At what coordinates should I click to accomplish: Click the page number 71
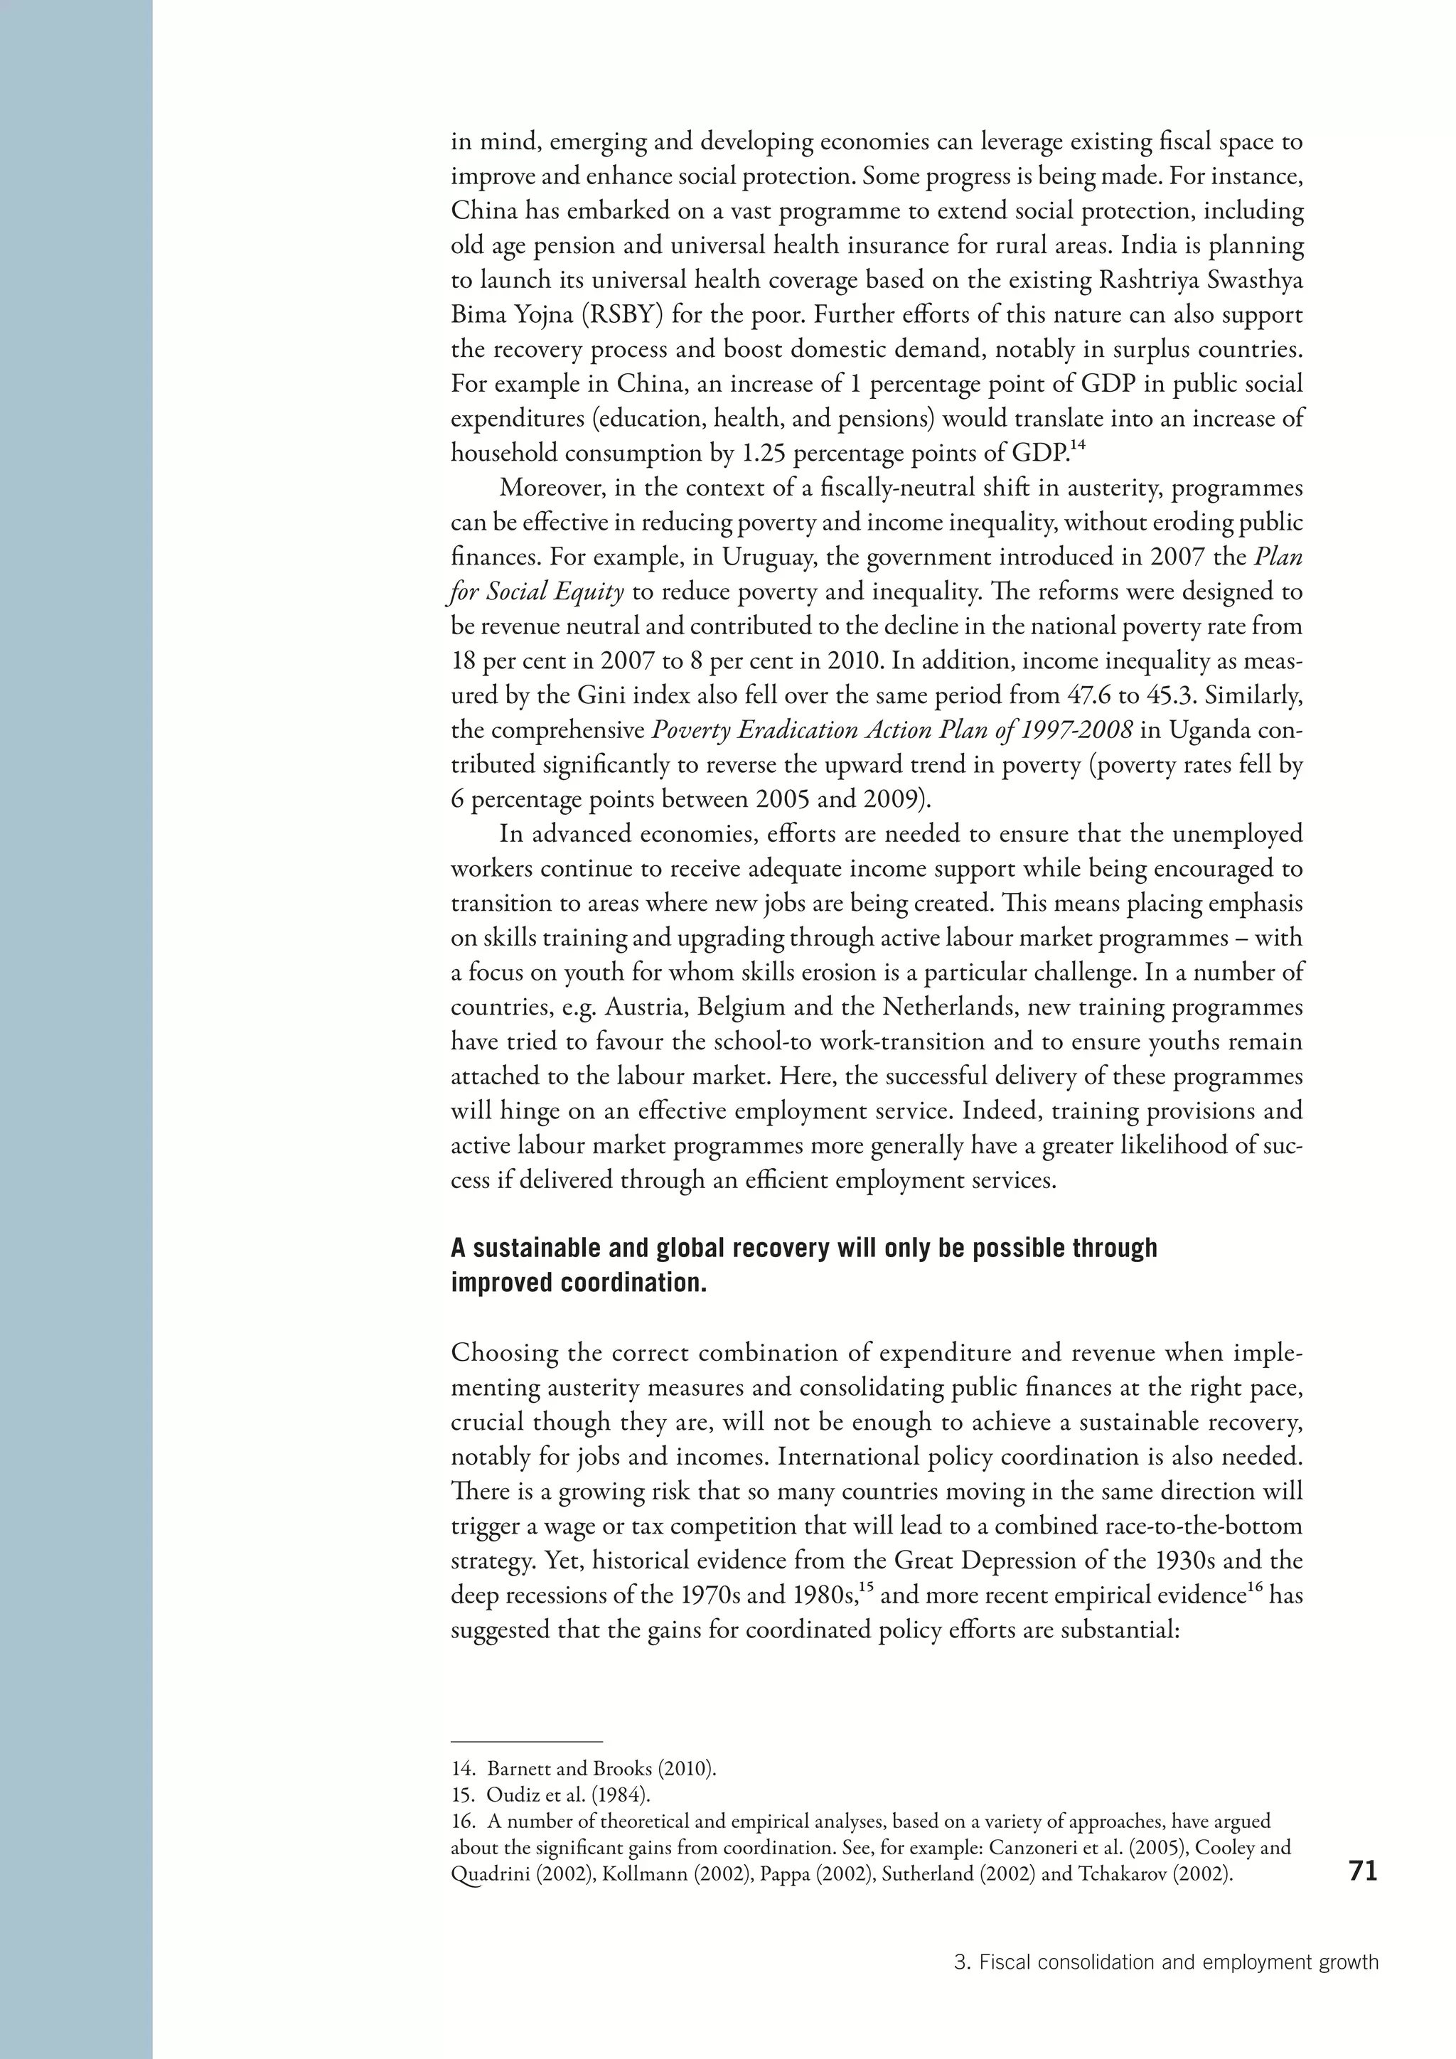tap(1362, 1871)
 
